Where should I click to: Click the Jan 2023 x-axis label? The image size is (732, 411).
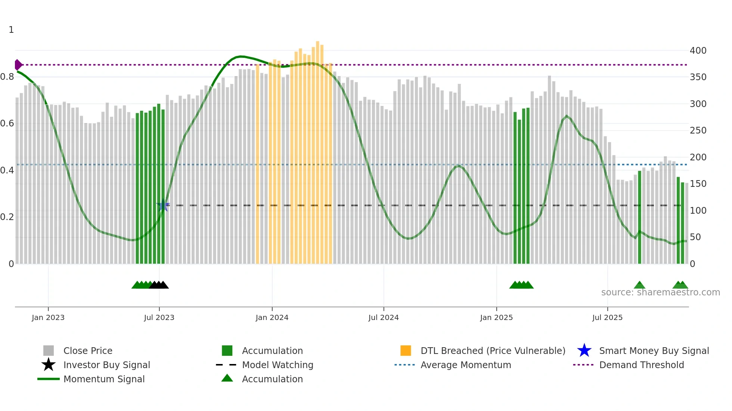tap(48, 317)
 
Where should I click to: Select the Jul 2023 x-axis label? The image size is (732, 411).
tap(159, 317)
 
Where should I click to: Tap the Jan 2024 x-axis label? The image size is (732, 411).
tap(272, 317)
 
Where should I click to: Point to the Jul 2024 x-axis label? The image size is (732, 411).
tap(384, 317)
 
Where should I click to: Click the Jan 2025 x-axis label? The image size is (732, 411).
tap(496, 317)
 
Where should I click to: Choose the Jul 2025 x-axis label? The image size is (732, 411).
tap(607, 317)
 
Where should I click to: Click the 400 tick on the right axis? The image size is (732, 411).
tap(698, 51)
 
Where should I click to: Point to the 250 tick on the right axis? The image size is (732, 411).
tap(698, 131)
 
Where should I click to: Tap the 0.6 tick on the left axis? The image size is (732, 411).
tap(7, 123)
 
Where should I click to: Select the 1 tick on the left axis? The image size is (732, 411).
tap(11, 30)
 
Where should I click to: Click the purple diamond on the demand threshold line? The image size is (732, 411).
tap(18, 65)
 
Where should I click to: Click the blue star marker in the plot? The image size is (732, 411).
tap(163, 205)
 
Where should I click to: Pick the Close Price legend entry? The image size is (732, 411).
tap(88, 351)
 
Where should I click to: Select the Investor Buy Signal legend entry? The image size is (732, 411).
tap(106, 365)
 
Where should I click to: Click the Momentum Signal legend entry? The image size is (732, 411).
tap(104, 379)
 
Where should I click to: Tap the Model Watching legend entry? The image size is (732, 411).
tap(277, 365)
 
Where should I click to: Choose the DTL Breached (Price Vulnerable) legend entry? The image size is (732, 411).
tap(493, 351)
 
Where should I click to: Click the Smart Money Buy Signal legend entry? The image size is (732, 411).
tap(654, 351)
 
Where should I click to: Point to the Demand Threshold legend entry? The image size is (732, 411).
tap(641, 365)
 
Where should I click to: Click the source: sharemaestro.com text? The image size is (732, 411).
tap(660, 292)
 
